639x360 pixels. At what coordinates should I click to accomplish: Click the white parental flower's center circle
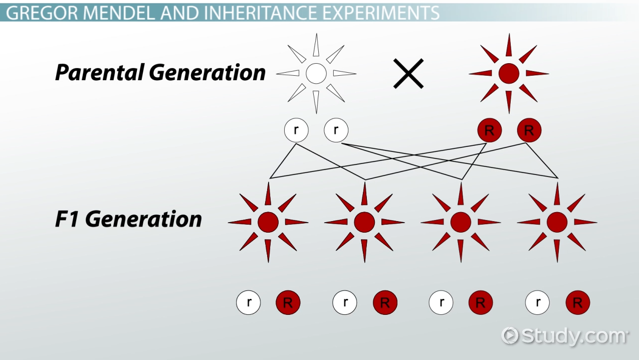pos(316,74)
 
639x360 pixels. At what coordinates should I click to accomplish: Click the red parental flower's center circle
pos(509,74)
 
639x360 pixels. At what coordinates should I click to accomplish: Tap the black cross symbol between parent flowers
pos(408,74)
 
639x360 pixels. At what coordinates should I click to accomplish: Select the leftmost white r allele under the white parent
pos(296,131)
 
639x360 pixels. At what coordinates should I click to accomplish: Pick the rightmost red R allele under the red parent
pos(529,131)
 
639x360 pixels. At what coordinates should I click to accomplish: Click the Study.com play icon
pos(510,335)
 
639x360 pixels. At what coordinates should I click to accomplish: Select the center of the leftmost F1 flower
pos(268,222)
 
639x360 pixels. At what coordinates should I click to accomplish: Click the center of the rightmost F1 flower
pos(557,222)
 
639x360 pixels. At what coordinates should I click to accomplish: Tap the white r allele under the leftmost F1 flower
pos(249,303)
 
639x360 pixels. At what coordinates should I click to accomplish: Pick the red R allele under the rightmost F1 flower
pos(577,303)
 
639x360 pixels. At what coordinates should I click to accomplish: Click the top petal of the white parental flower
pos(316,45)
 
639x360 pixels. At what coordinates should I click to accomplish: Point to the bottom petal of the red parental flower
pos(509,102)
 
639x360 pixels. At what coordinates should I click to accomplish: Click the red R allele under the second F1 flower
pos(385,303)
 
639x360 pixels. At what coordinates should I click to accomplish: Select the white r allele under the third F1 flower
pos(441,303)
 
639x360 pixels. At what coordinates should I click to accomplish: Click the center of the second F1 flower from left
pos(364,222)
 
